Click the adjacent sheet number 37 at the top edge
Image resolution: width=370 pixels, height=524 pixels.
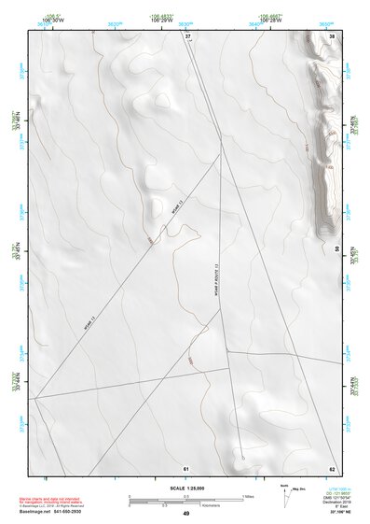pos(186,35)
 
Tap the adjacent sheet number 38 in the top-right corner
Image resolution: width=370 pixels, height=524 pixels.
pos(332,35)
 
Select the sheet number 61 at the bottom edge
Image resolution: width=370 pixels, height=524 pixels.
pos(186,467)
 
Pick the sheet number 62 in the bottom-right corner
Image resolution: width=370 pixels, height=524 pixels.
pos(332,467)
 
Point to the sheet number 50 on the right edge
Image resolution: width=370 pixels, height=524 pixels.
pos(336,248)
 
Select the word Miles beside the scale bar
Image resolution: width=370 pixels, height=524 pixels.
pos(248,496)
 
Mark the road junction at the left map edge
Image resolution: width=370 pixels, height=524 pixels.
pos(34,399)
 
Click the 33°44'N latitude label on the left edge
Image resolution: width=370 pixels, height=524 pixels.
pos(15,382)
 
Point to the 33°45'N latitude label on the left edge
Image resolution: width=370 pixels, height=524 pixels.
pos(15,251)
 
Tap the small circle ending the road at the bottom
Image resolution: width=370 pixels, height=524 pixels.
pos(242,459)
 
